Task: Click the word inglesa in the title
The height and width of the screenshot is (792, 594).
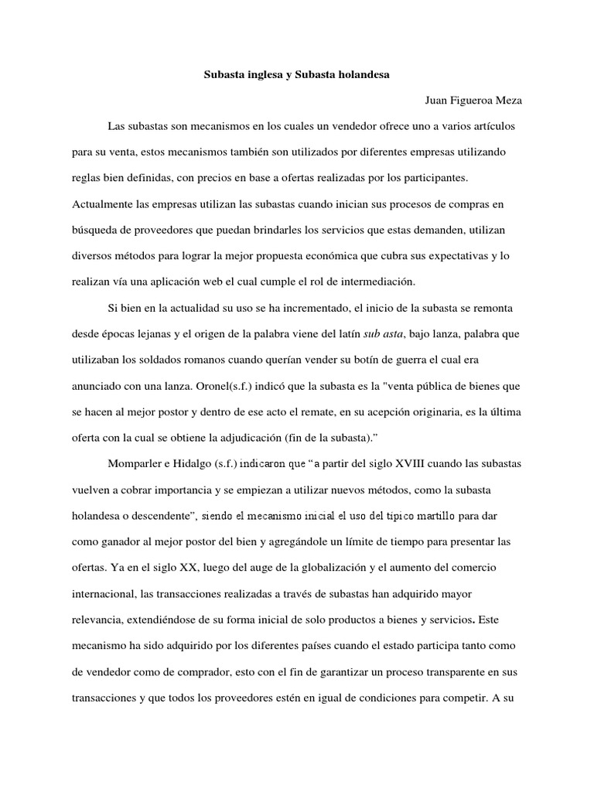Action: tap(260, 76)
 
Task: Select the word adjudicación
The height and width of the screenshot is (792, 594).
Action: tap(261, 438)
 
